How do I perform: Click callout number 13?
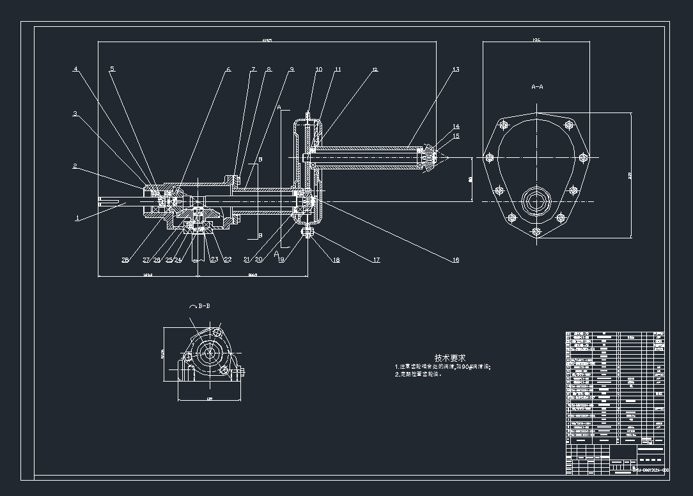pos(456,69)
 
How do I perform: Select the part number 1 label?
pos(77,218)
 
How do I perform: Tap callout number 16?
pos(456,260)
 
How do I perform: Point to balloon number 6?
pos(229,69)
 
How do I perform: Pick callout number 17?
pos(377,260)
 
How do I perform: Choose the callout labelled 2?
pos(75,166)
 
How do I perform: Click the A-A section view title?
pos(537,86)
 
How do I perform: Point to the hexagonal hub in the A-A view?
pos(536,202)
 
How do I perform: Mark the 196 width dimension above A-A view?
pos(536,40)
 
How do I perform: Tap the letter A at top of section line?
pos(279,106)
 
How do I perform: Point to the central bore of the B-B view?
pos(208,352)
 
